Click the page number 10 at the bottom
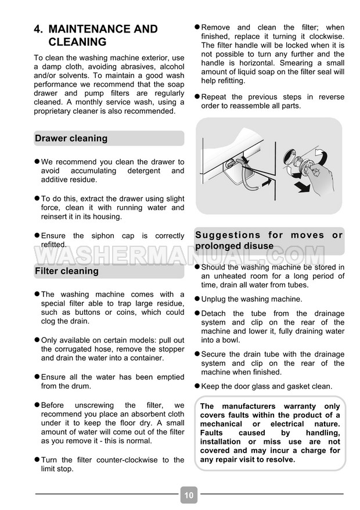(189, 495)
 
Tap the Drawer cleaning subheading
(71, 138)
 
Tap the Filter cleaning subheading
(67, 271)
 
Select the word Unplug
(213, 299)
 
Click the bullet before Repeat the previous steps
(197, 96)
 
